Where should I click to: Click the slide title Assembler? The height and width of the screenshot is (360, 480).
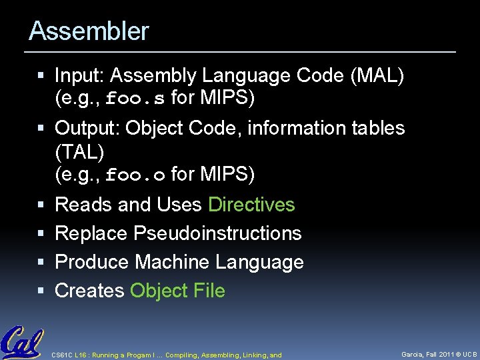click(x=89, y=31)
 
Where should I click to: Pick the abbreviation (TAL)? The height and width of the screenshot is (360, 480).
click(x=79, y=151)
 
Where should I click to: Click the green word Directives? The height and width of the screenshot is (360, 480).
click(x=251, y=205)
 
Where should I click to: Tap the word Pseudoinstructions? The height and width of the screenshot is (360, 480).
click(x=218, y=233)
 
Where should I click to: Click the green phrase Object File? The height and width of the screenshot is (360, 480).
click(x=178, y=291)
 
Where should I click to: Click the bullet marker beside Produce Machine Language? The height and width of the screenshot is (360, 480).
click(x=42, y=263)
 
